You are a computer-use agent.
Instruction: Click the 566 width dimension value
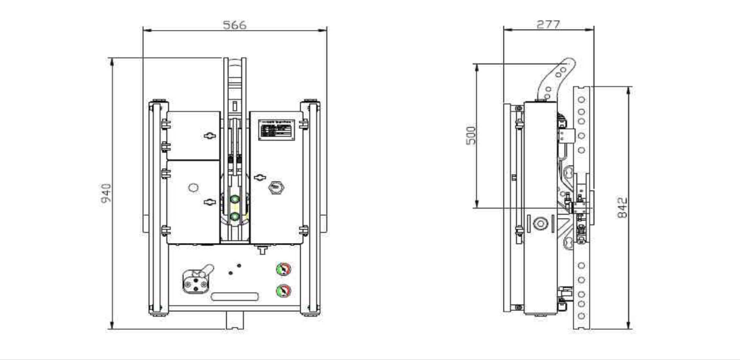point(234,25)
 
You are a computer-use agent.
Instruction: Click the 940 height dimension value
point(106,193)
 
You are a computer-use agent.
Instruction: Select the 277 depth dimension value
point(548,24)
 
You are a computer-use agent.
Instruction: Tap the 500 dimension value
point(471,135)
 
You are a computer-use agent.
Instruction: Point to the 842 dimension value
point(622,207)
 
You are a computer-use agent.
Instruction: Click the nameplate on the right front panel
point(276,130)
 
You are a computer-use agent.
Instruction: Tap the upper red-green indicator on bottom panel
point(284,269)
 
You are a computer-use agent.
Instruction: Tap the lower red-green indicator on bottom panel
point(284,291)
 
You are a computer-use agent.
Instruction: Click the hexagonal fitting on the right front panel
point(276,188)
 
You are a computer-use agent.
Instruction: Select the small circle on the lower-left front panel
point(194,188)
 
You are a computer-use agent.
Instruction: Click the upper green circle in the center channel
point(235,199)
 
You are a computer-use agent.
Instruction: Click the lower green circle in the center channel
point(235,216)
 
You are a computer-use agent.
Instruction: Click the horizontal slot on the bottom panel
point(235,297)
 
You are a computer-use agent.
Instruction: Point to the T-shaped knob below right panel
point(262,250)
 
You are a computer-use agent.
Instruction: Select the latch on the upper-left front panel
point(210,136)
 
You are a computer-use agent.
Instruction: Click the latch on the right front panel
point(260,177)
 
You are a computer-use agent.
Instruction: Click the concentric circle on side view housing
point(541,224)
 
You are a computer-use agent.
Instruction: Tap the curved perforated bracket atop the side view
point(557,79)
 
